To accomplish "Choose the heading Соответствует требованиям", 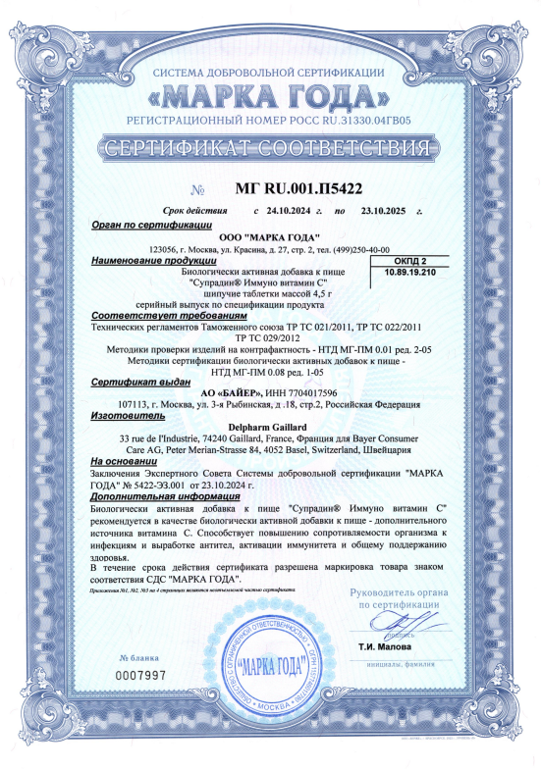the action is [x=154, y=316].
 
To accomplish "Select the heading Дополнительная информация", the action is [x=163, y=496].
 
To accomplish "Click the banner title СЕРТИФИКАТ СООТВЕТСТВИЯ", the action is [x=269, y=149].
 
